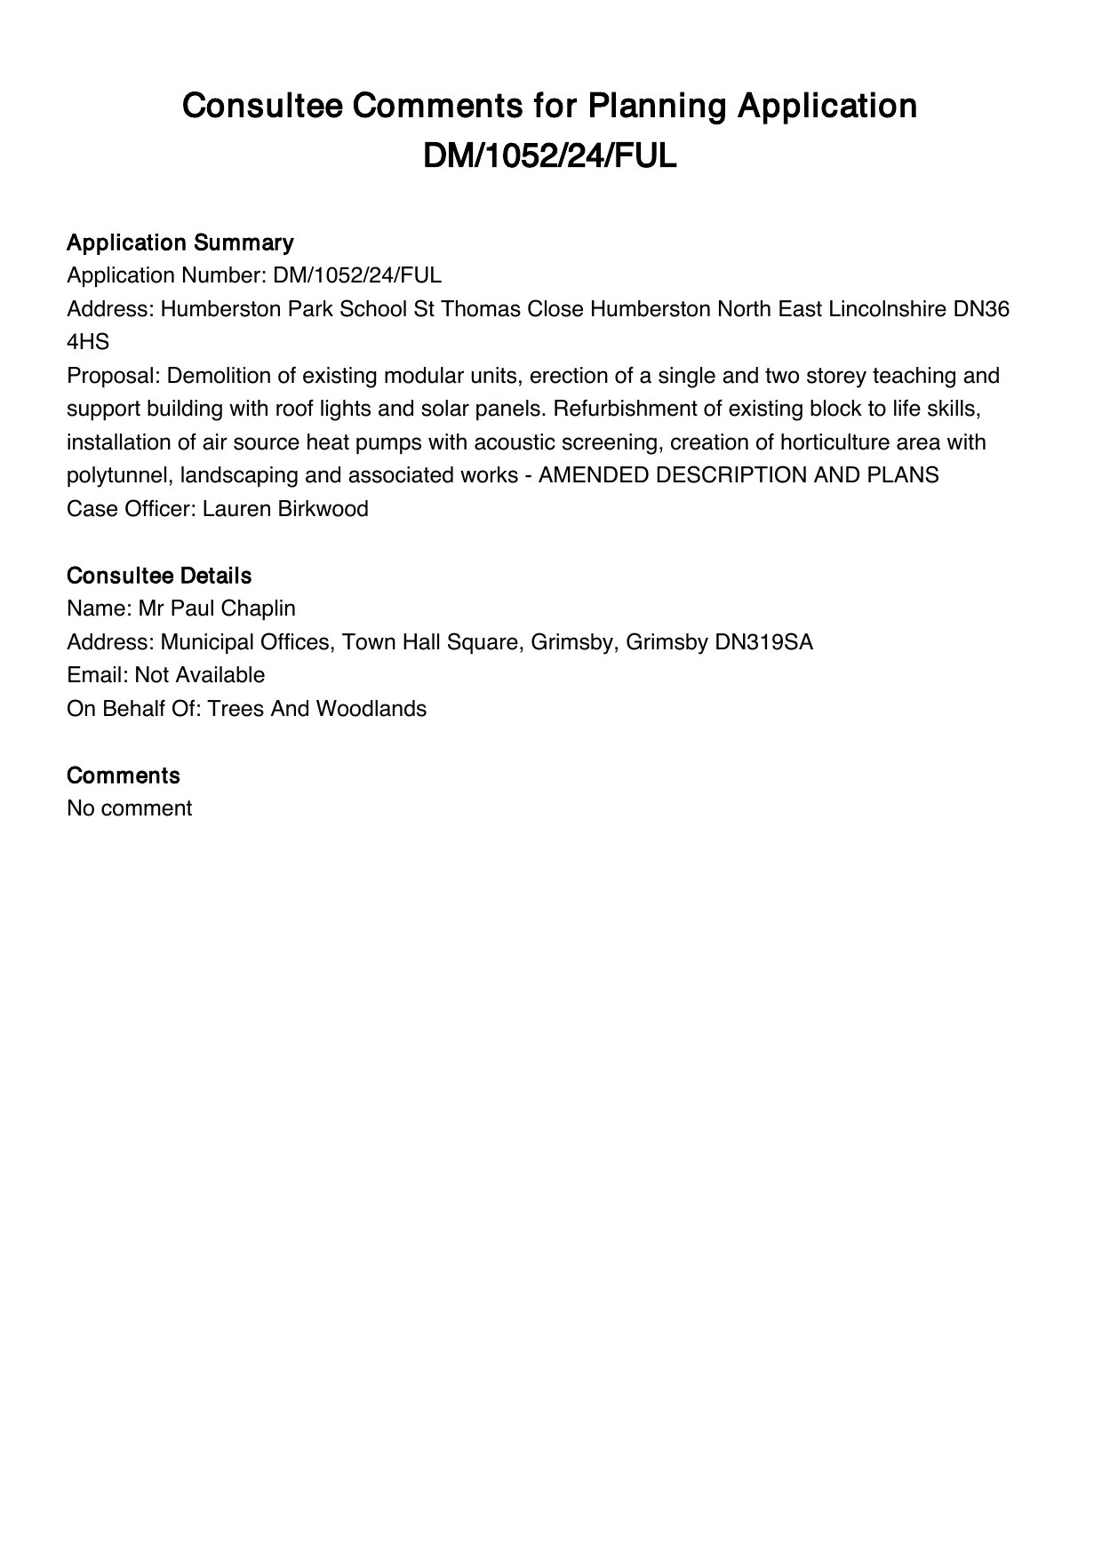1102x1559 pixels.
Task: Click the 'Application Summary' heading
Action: pos(180,243)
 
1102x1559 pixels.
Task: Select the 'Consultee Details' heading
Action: pos(159,576)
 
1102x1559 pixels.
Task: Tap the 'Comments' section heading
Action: pos(124,776)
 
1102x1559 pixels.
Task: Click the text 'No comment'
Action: pos(129,808)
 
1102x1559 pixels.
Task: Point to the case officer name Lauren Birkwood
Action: pos(285,509)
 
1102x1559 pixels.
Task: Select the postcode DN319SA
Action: pos(763,642)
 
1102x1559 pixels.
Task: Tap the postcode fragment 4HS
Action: pos(88,342)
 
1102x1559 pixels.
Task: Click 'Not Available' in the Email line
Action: pos(200,675)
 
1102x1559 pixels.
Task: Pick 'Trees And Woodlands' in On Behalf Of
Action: pos(316,709)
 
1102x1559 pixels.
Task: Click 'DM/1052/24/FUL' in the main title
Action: pos(550,156)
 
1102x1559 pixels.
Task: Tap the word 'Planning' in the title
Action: pos(652,106)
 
